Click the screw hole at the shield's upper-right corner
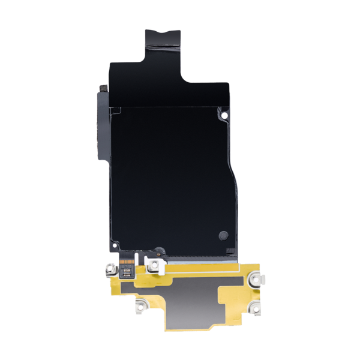pyautogui.click(x=224, y=115)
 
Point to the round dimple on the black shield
pyautogui.click(x=223, y=234)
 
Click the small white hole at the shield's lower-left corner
pyautogui.click(x=112, y=245)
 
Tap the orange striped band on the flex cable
pyautogui.click(x=128, y=263)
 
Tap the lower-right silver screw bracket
pyautogui.click(x=256, y=309)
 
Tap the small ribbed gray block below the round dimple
pyautogui.click(x=227, y=251)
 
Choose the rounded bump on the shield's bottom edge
pyautogui.click(x=158, y=248)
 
